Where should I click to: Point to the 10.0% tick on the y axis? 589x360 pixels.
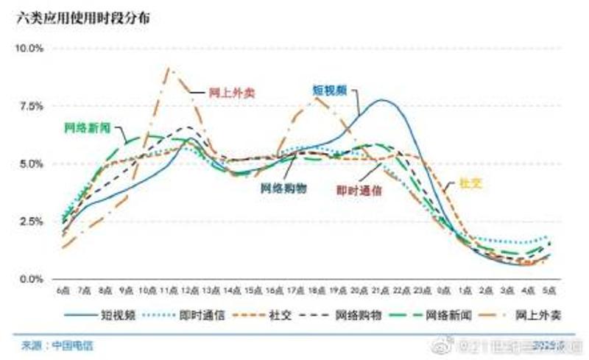click(x=30, y=49)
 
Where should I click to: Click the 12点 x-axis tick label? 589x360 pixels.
click(x=190, y=292)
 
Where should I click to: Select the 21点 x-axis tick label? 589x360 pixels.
click(x=381, y=292)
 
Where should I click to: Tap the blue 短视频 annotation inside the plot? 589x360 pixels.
click(x=329, y=90)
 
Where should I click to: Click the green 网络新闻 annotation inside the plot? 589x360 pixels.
click(x=88, y=127)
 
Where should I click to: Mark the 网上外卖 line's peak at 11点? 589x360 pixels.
click(x=169, y=68)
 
